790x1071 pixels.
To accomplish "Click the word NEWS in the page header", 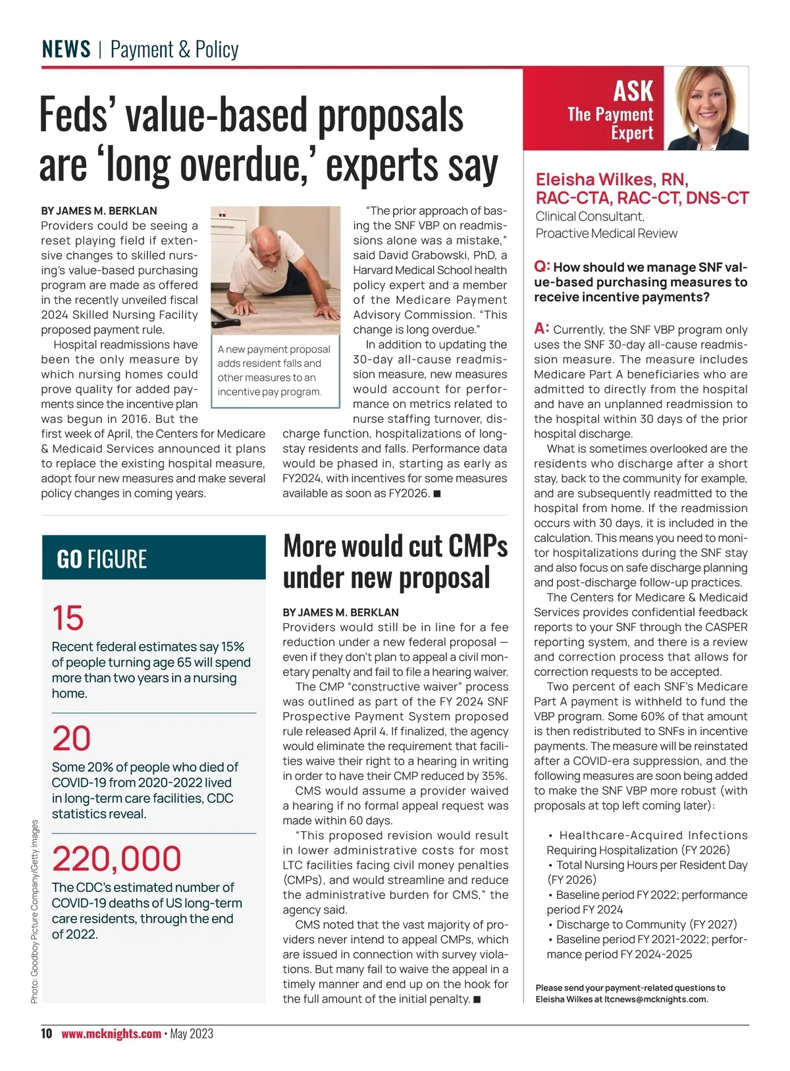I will click(x=66, y=49).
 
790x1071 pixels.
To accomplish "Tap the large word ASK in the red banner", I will click(x=633, y=91).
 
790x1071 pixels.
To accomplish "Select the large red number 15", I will click(x=68, y=618).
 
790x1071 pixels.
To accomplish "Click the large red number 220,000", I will click(x=117, y=858).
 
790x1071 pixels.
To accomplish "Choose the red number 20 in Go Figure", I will click(x=71, y=738).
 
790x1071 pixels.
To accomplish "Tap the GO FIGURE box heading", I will click(x=102, y=559).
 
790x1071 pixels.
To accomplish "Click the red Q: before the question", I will click(x=542, y=266).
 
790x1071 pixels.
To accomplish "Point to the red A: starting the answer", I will click(x=542, y=328).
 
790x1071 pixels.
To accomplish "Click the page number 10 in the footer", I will click(x=46, y=1033).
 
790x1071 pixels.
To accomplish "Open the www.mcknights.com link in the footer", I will click(x=111, y=1033).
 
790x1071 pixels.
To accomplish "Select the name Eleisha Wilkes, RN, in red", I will click(x=612, y=179).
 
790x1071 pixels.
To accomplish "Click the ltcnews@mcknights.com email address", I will click(x=655, y=999).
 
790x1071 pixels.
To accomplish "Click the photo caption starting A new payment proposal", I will click(x=274, y=370).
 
